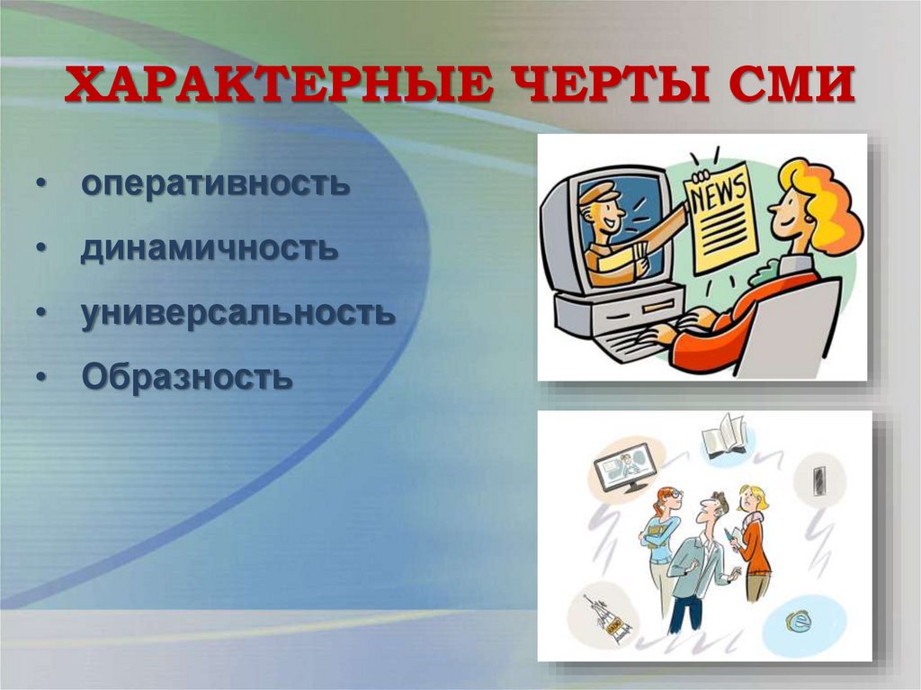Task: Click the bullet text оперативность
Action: coord(215,184)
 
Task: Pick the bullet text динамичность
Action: coord(210,248)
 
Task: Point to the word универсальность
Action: coord(237,313)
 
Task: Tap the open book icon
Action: coord(724,437)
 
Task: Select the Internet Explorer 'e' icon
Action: coord(796,620)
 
